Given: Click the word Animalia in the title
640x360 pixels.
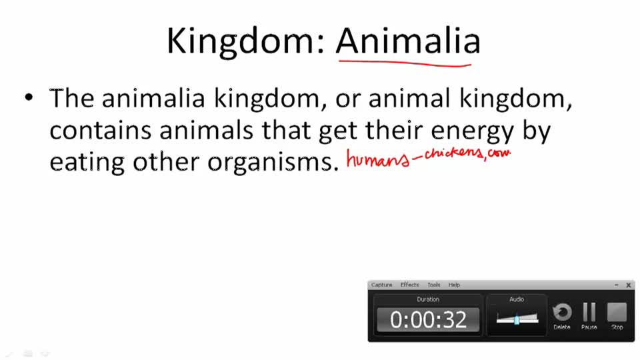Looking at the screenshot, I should click(408, 41).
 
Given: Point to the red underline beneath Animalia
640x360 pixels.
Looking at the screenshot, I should click(404, 63).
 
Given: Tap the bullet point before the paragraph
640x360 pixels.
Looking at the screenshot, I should click(28, 98).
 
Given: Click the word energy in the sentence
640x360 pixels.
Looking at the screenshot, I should click(465, 131).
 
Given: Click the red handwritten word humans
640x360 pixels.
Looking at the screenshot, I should click(375, 160).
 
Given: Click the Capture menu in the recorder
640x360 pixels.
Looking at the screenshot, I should click(381, 285).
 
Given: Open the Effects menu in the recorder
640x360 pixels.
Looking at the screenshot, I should click(409, 285).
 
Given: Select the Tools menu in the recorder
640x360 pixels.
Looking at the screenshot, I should click(434, 285).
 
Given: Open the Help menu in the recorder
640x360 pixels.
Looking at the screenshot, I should click(454, 285).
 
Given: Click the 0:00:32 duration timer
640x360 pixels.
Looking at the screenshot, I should click(428, 319).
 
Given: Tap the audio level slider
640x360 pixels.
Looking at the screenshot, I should click(517, 319).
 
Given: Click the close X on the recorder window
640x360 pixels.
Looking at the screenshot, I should click(628, 285).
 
